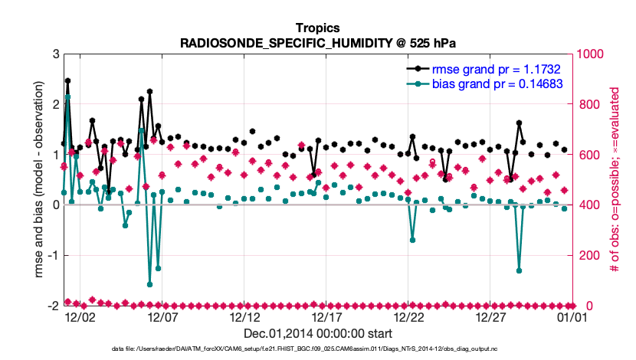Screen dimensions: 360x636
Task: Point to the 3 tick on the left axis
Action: pyautogui.click(x=56, y=54)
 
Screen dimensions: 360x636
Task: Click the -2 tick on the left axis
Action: pyautogui.click(x=54, y=306)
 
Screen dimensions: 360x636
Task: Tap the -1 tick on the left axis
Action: pyautogui.click(x=54, y=255)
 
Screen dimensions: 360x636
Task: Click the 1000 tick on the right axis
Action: pyautogui.click(x=592, y=54)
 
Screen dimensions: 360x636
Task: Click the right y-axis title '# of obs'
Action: pyautogui.click(x=614, y=180)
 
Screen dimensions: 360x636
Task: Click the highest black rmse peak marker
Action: pyautogui.click(x=67, y=80)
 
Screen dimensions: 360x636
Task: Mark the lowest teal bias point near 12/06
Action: pyautogui.click(x=149, y=284)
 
